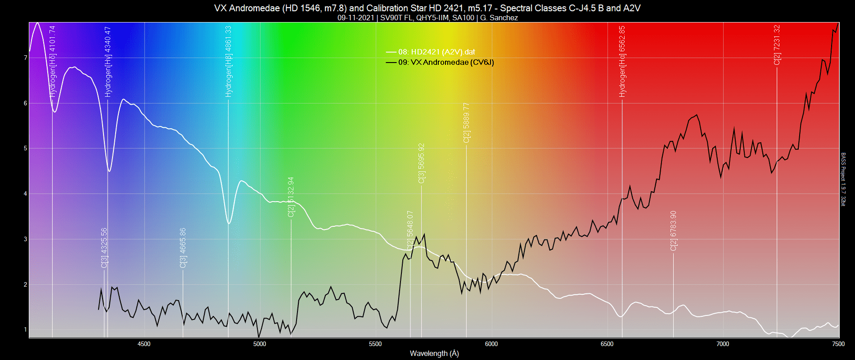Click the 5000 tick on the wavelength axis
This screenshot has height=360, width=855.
pyautogui.click(x=260, y=344)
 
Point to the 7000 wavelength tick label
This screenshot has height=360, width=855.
pyautogui.click(x=723, y=344)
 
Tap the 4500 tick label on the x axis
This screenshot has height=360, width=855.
pyautogui.click(x=144, y=344)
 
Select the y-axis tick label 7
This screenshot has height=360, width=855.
pyautogui.click(x=26, y=58)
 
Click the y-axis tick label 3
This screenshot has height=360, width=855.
pyautogui.click(x=26, y=239)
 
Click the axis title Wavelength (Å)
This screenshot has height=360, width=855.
pyautogui.click(x=434, y=354)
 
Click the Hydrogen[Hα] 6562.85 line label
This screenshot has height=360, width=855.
pyautogui.click(x=622, y=62)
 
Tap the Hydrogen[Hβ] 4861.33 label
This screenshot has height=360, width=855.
pyautogui.click(x=229, y=62)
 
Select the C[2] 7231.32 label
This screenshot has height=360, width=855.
pyautogui.click(x=777, y=45)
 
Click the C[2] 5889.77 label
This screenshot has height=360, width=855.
pyautogui.click(x=467, y=123)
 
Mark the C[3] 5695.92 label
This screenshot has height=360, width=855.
pyautogui.click(x=422, y=163)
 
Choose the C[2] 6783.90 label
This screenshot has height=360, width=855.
pyautogui.click(x=674, y=231)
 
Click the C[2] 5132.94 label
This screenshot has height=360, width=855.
pyautogui.click(x=291, y=197)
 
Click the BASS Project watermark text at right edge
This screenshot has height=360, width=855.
pyautogui.click(x=843, y=180)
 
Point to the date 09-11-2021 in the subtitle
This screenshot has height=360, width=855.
pyautogui.click(x=355, y=18)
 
